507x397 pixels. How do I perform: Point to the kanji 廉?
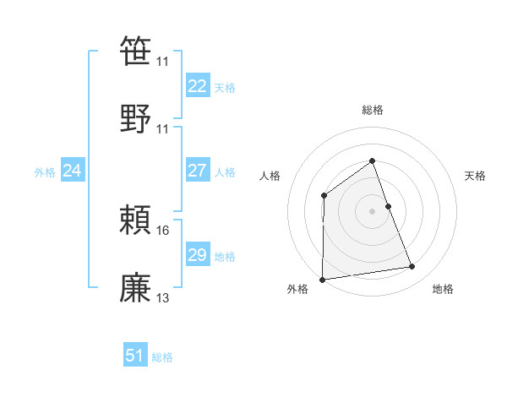pyautogui.click(x=136, y=286)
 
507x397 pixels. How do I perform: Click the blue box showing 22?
pyautogui.click(x=197, y=86)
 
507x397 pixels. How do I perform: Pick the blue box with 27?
pyautogui.click(x=197, y=171)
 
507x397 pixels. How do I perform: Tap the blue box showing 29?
pyautogui.click(x=197, y=255)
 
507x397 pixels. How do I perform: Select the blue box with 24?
pyautogui.click(x=72, y=171)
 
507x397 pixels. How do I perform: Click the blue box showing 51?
pyautogui.click(x=135, y=356)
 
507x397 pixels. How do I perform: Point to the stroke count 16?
pyautogui.click(x=163, y=230)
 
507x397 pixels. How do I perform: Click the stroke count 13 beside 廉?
pyautogui.click(x=163, y=297)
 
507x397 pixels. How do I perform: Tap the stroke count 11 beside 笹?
pyautogui.click(x=162, y=62)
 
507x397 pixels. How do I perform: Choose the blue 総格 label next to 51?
pyautogui.click(x=162, y=357)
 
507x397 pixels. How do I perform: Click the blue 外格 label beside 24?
pyautogui.click(x=45, y=172)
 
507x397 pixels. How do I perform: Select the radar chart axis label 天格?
pyautogui.click(x=476, y=176)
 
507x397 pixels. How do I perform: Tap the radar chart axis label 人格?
pyautogui.click(x=270, y=176)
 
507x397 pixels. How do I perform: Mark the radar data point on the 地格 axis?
pyautogui.click(x=412, y=267)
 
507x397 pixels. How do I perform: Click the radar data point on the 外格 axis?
pyautogui.click(x=322, y=280)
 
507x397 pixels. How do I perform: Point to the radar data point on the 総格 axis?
pyautogui.click(x=372, y=160)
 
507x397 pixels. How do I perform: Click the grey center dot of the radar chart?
pyautogui.click(x=372, y=211)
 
